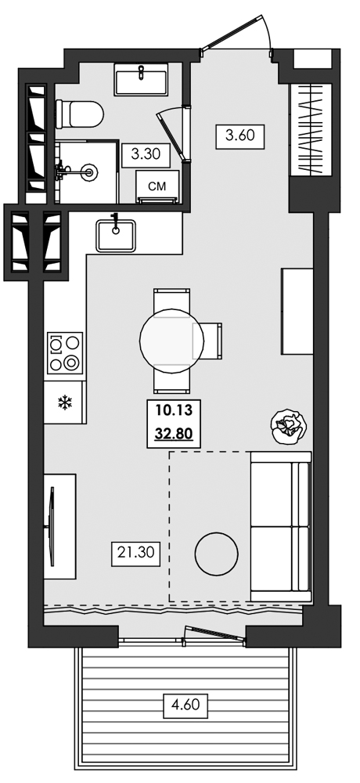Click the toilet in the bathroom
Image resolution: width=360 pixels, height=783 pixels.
[x=79, y=114]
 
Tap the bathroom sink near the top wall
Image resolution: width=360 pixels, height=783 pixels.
[x=140, y=79]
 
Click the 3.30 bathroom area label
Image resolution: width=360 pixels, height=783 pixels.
[x=146, y=154]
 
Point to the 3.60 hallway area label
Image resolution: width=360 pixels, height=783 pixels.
[x=239, y=135]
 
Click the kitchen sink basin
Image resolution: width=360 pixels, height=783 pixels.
[x=116, y=236]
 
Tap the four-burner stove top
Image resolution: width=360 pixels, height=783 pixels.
[x=65, y=353]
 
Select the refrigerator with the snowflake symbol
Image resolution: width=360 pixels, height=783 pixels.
[x=63, y=402]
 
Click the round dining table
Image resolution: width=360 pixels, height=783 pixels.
[x=171, y=340]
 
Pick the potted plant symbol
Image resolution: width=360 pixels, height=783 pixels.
[x=289, y=426]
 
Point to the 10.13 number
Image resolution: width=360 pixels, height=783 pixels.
[x=173, y=411]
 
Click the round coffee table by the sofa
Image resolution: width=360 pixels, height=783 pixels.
[x=216, y=554]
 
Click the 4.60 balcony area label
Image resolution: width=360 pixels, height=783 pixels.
[x=185, y=705]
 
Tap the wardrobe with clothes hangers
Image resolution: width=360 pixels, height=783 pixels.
[x=311, y=130]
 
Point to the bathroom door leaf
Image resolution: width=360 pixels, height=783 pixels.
[x=171, y=135]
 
